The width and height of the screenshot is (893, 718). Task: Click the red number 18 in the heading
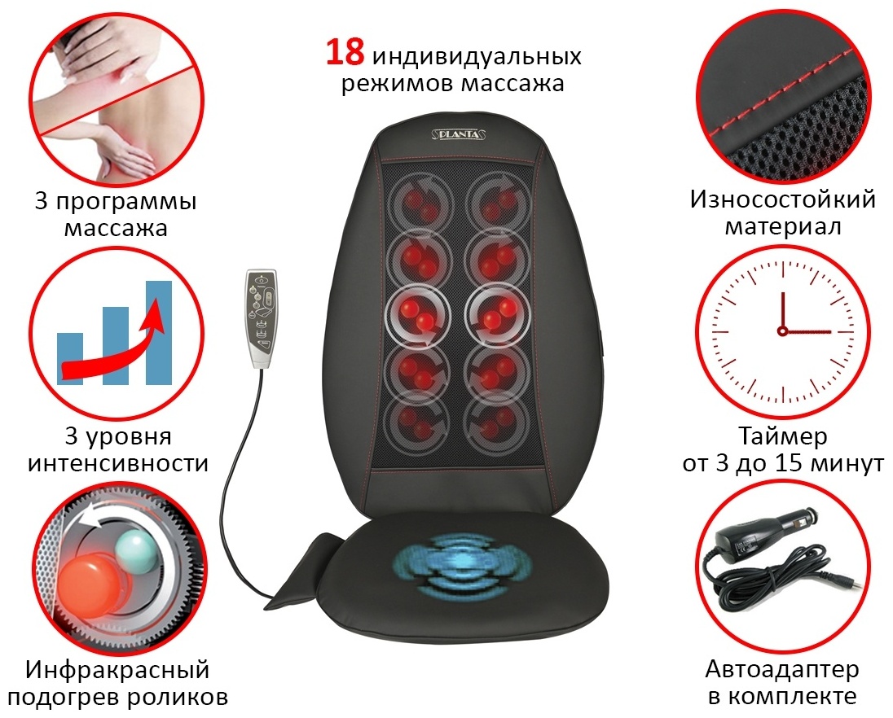345,51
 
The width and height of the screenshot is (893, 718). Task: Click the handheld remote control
262,318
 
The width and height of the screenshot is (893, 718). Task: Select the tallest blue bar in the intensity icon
159,333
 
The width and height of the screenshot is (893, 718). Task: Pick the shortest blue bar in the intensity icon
70,359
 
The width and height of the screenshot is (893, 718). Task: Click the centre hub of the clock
782,331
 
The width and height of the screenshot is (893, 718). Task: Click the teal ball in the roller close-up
137,549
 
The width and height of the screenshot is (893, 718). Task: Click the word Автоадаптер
782,670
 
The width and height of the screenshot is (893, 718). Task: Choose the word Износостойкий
783,199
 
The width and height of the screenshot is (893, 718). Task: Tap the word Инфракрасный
117,670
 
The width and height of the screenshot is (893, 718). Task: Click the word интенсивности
118,463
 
